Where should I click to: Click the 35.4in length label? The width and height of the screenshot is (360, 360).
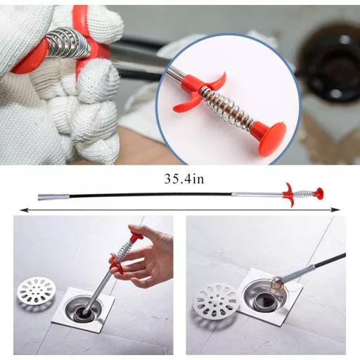(x=184, y=179)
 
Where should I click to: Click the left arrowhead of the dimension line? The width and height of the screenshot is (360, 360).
(x=23, y=210)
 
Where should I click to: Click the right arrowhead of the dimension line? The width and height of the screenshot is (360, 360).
(x=337, y=210)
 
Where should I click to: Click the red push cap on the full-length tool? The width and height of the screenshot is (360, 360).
(x=319, y=193)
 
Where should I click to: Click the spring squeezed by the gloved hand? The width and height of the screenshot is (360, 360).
(x=68, y=41)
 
